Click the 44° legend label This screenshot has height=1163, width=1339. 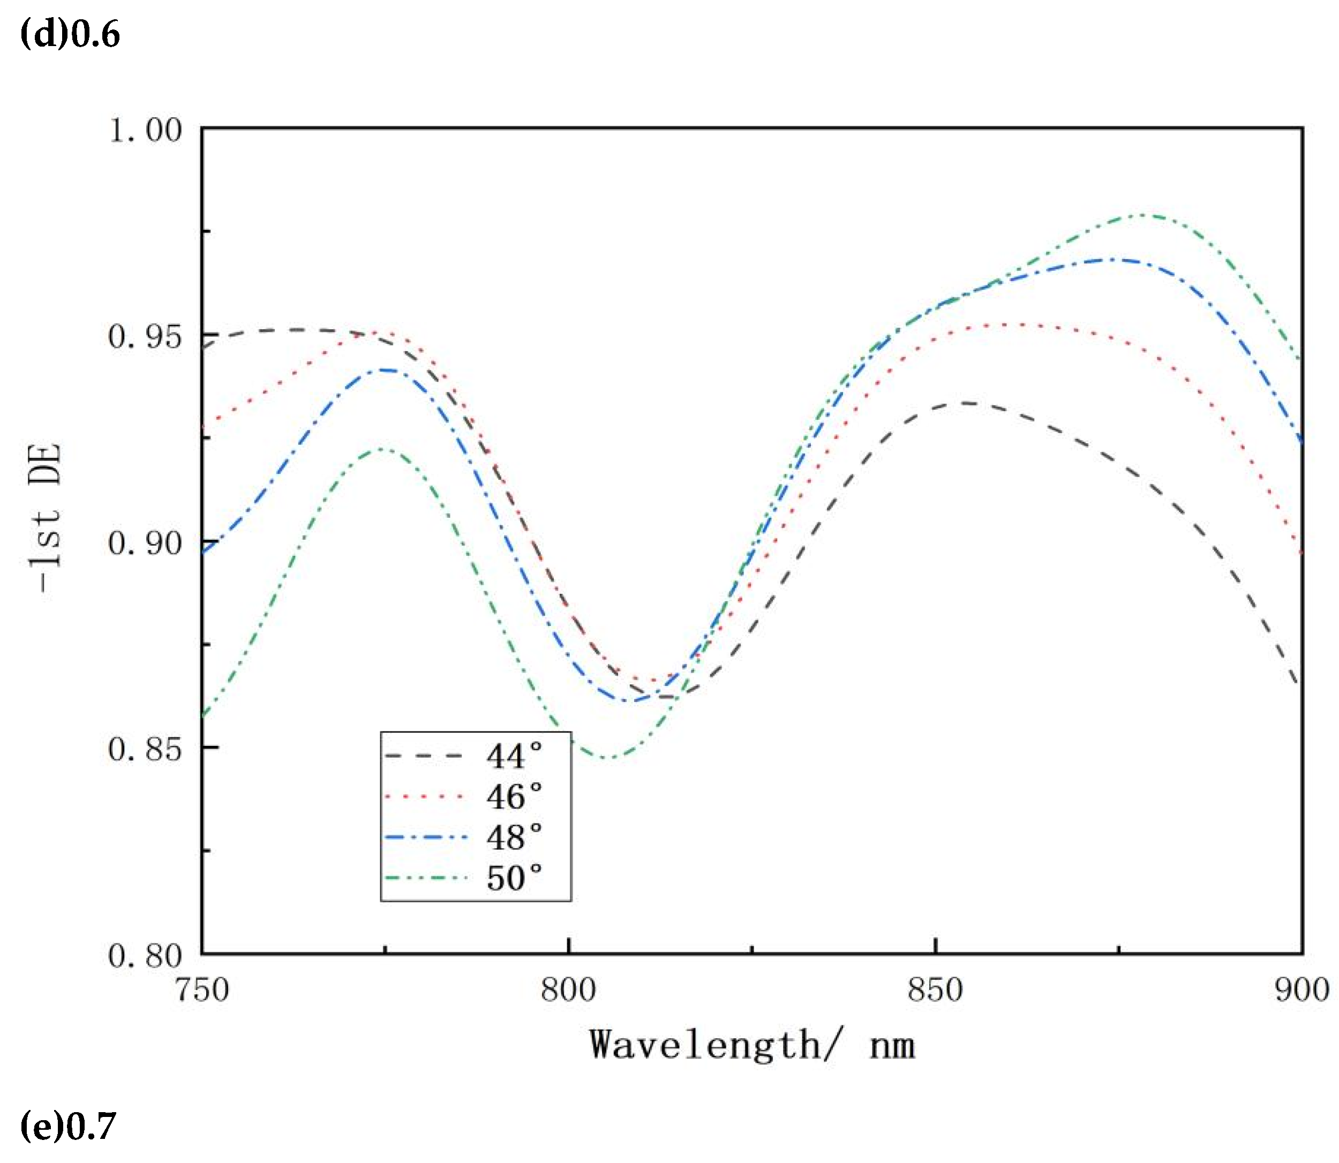pyautogui.click(x=514, y=756)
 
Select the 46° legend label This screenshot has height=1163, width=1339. pyautogui.click(x=514, y=797)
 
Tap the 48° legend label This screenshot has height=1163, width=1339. pyautogui.click(x=514, y=837)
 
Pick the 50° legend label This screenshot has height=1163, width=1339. pyautogui.click(x=514, y=878)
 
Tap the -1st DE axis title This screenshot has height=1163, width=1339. pyautogui.click(x=47, y=517)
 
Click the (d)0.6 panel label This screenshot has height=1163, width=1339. pyautogui.click(x=70, y=34)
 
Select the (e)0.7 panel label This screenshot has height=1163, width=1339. pyautogui.click(x=68, y=1126)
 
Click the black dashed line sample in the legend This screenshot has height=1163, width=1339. pyautogui.click(x=423, y=756)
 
